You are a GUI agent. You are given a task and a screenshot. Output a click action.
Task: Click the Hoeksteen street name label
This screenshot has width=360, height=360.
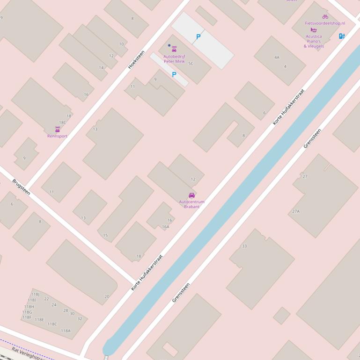pyautogui.click(x=136, y=59)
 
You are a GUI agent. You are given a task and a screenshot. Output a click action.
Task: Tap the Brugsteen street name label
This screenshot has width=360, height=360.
pyautogui.click(x=21, y=187)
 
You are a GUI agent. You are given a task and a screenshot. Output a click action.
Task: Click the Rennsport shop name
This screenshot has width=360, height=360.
pyautogui.click(x=57, y=136)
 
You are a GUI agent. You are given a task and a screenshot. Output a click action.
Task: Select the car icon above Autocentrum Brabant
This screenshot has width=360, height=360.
pyautogui.click(x=191, y=195)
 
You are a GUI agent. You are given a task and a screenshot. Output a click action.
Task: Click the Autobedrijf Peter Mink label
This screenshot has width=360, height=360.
pyautogui.click(x=174, y=59)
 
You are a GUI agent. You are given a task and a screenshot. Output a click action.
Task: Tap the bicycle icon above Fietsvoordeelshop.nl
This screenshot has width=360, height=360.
pyautogui.click(x=325, y=17)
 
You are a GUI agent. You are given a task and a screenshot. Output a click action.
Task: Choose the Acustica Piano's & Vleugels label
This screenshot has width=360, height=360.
pyautogui.click(x=314, y=41)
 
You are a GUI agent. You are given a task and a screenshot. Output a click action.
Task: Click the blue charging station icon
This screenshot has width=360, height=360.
pyautogui.click(x=342, y=36)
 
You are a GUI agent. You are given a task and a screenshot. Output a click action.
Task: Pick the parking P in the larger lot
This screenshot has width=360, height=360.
pyautogui.click(x=198, y=36)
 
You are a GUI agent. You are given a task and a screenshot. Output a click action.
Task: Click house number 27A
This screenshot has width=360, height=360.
pyautogui.click(x=296, y=211)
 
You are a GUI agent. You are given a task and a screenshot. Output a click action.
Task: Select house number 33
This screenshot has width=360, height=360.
pyautogui.click(x=244, y=246)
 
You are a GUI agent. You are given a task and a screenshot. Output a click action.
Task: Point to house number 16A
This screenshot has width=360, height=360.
pyautogui.click(x=166, y=227)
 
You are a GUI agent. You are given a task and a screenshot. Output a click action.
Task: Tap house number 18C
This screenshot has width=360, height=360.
pyautogui.click(x=62, y=122)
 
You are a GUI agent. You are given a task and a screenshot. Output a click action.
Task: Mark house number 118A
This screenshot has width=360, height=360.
pyautogui.click(x=66, y=331)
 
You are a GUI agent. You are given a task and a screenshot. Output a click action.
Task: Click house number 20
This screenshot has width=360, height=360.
pyautogui.click(x=107, y=296)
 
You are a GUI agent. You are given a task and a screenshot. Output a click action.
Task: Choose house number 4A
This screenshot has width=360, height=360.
pyautogui.click(x=277, y=58)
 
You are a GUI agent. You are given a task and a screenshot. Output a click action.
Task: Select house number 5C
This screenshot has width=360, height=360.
pyautogui.click(x=191, y=63)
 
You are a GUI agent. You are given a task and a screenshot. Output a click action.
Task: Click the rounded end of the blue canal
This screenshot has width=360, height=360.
pyautogui.click(x=108, y=348)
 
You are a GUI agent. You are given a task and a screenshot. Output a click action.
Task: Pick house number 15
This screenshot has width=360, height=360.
pyautogui.click(x=105, y=235)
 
